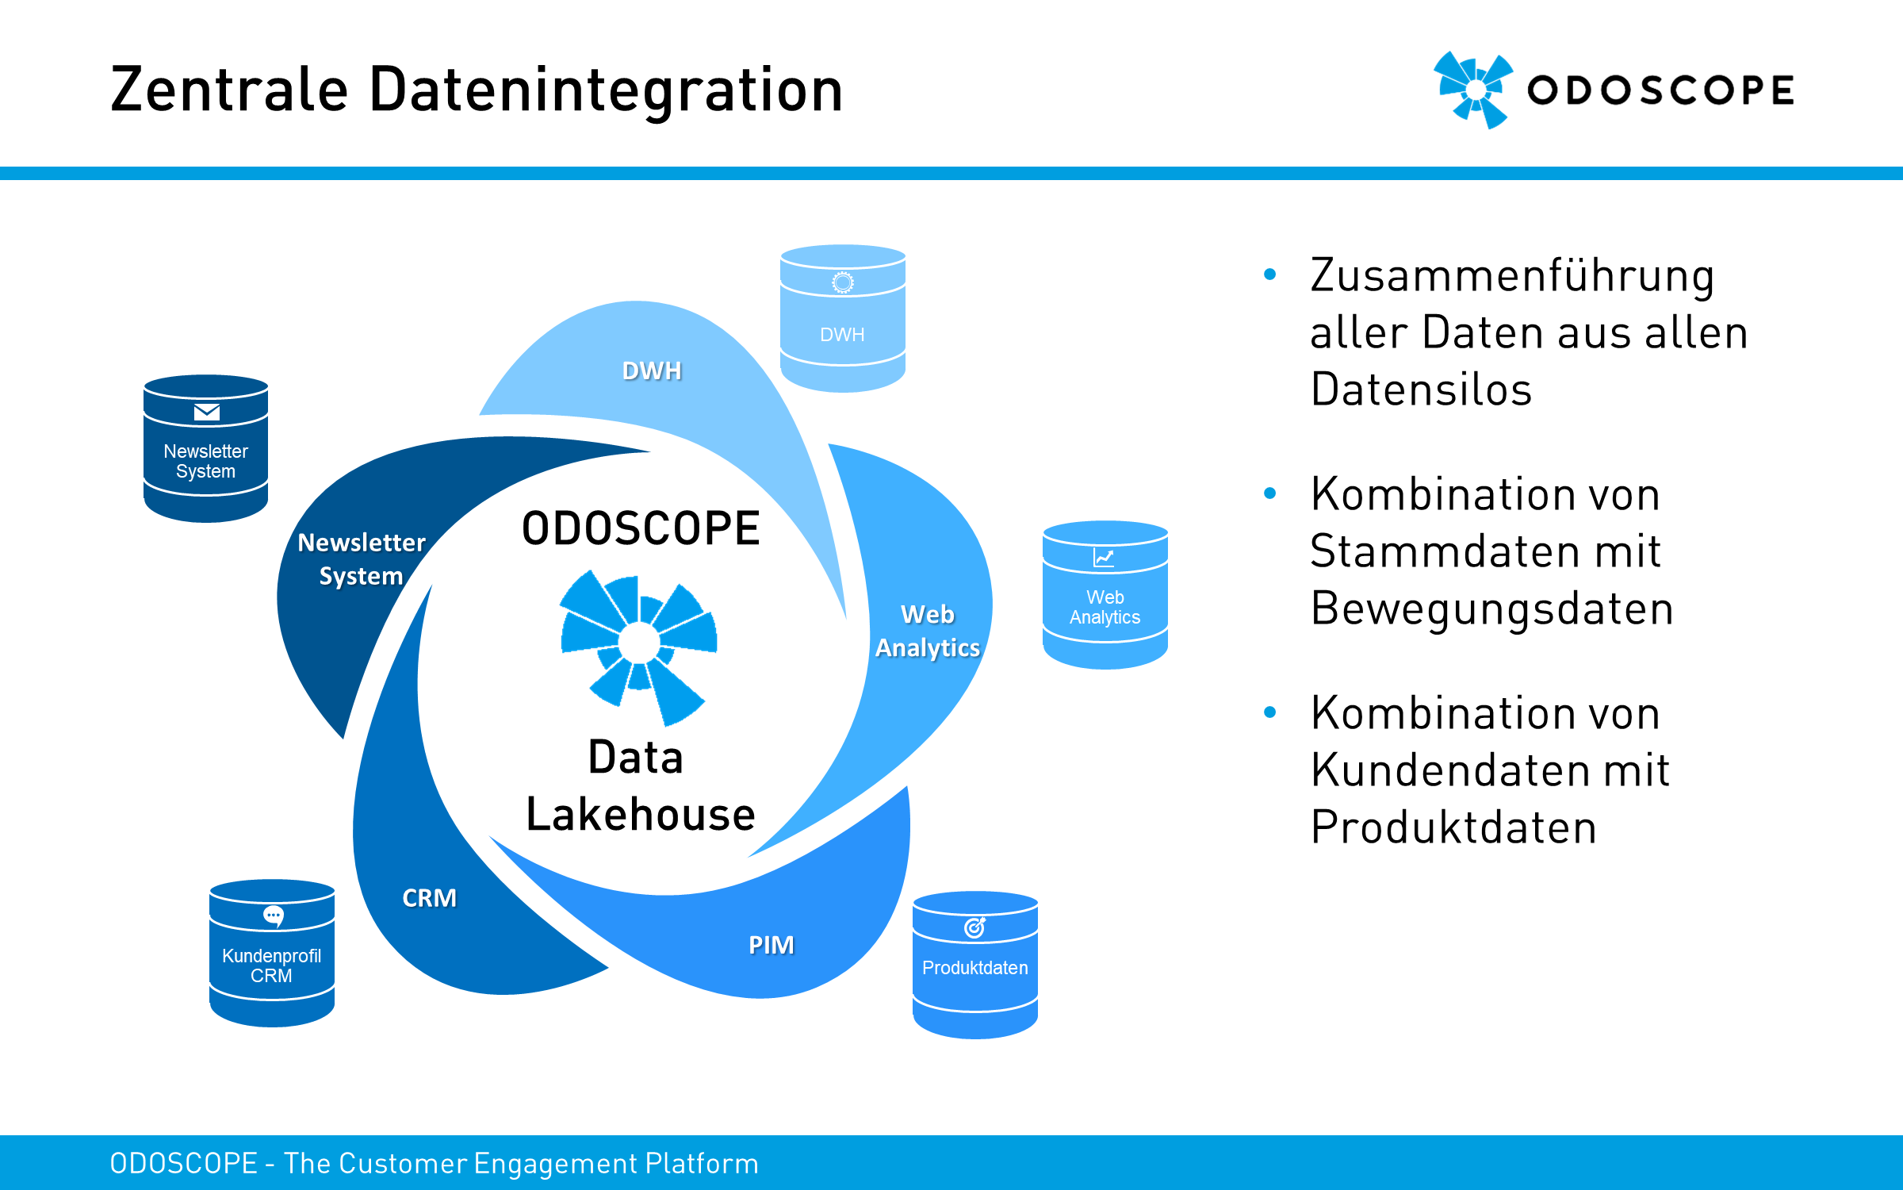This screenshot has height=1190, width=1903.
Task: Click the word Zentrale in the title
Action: (x=229, y=90)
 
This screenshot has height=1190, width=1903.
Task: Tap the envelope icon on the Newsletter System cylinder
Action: (x=207, y=412)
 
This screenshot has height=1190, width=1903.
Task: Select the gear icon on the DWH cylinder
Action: (x=843, y=282)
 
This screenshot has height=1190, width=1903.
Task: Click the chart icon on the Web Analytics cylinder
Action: (x=1104, y=558)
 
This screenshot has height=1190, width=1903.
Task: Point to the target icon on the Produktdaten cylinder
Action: (x=975, y=927)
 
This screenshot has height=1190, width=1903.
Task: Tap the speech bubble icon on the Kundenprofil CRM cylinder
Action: (x=274, y=916)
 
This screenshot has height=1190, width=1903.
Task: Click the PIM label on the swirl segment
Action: (x=772, y=945)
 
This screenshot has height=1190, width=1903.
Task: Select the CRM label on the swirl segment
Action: (x=430, y=898)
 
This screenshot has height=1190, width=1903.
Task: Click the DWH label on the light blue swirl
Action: (x=652, y=370)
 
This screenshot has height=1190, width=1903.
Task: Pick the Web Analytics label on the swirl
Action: (x=928, y=631)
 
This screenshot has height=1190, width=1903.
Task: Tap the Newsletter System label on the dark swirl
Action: (x=362, y=559)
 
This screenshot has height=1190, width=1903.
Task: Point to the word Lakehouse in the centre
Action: (x=641, y=814)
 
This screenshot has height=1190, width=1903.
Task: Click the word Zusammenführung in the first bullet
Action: (x=1512, y=276)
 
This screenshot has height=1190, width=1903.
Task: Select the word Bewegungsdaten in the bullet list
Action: (x=1492, y=609)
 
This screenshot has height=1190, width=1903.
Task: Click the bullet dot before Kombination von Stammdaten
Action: (x=1269, y=493)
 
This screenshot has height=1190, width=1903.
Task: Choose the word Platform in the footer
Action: (x=702, y=1163)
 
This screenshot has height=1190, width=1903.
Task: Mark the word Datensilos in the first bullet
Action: (x=1422, y=390)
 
